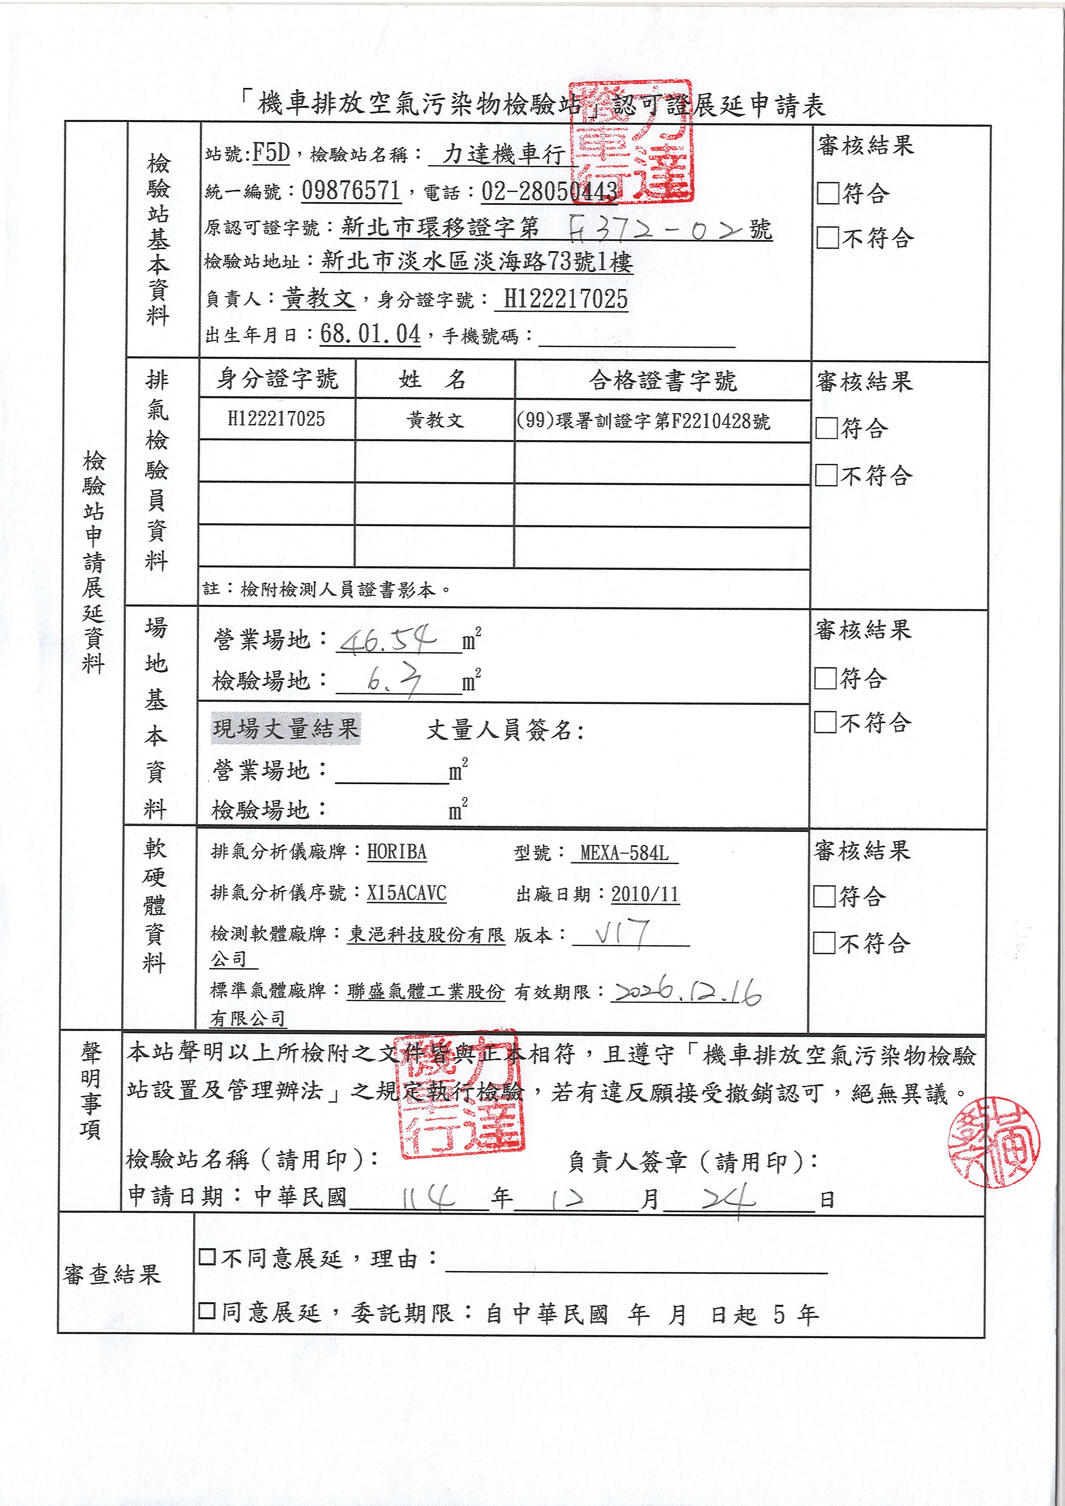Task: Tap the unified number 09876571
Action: pos(351,191)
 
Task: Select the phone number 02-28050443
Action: pos(550,191)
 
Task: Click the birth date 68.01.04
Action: pos(370,334)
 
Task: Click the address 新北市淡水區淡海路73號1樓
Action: pos(477,262)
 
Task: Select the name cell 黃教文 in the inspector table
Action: pos(435,420)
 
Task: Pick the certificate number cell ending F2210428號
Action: pos(643,420)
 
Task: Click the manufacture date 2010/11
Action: pos(645,894)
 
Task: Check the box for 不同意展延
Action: pos(207,1257)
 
